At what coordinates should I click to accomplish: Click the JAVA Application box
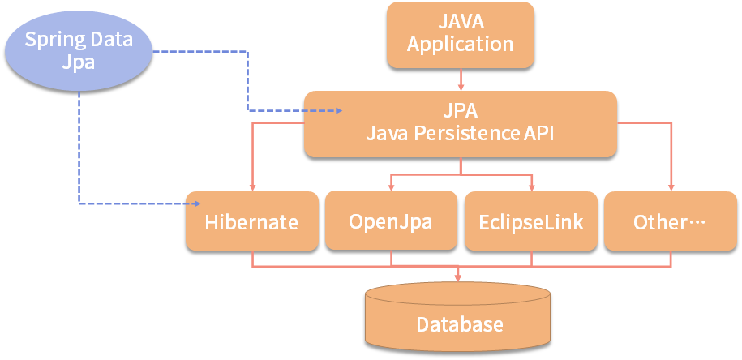[x=461, y=35]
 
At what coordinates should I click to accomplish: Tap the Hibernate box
[x=251, y=221]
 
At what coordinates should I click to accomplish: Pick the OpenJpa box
[x=391, y=221]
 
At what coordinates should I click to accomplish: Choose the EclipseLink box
[x=531, y=221]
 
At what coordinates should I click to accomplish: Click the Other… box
[x=671, y=221]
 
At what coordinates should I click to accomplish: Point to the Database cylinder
[x=457, y=317]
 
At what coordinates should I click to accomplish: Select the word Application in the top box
[x=461, y=45]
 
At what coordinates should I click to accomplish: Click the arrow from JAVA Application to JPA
[x=461, y=79]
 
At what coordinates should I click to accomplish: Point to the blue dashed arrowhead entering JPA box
[x=338, y=111]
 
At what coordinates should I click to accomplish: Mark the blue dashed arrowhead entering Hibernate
[x=198, y=204]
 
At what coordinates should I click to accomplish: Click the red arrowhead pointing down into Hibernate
[x=252, y=188]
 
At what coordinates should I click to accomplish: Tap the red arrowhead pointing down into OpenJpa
[x=392, y=187]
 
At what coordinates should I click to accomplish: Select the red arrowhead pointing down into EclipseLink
[x=531, y=188]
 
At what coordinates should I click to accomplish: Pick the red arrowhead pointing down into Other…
[x=671, y=188]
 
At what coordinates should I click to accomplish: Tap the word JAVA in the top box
[x=458, y=21]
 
